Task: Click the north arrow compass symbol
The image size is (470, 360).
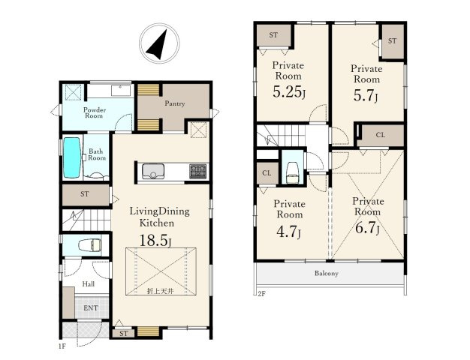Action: tap(159, 43)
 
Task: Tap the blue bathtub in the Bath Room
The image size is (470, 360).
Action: tap(72, 157)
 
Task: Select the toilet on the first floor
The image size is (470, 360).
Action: tap(90, 245)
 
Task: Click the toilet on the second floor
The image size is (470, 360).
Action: tap(293, 172)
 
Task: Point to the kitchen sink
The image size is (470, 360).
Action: tap(153, 171)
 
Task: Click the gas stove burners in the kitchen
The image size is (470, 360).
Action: tap(198, 171)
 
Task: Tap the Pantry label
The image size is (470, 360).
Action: tap(175, 103)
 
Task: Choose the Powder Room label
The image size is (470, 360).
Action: tap(95, 112)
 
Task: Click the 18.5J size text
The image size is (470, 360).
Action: tap(155, 241)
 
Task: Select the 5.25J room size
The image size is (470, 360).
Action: tap(289, 92)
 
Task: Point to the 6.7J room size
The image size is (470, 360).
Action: tap(367, 228)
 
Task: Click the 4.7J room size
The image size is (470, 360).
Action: tap(288, 232)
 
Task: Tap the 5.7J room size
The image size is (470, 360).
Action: tap(366, 95)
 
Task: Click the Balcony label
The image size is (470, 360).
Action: tap(327, 273)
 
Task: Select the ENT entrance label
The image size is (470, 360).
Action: tap(91, 308)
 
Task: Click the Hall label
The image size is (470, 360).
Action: tap(89, 284)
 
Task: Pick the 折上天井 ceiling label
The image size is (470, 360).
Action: tap(161, 291)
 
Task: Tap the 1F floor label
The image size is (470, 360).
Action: tap(62, 346)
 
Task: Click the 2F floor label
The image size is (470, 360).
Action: tap(261, 293)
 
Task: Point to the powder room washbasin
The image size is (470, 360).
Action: tap(121, 90)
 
